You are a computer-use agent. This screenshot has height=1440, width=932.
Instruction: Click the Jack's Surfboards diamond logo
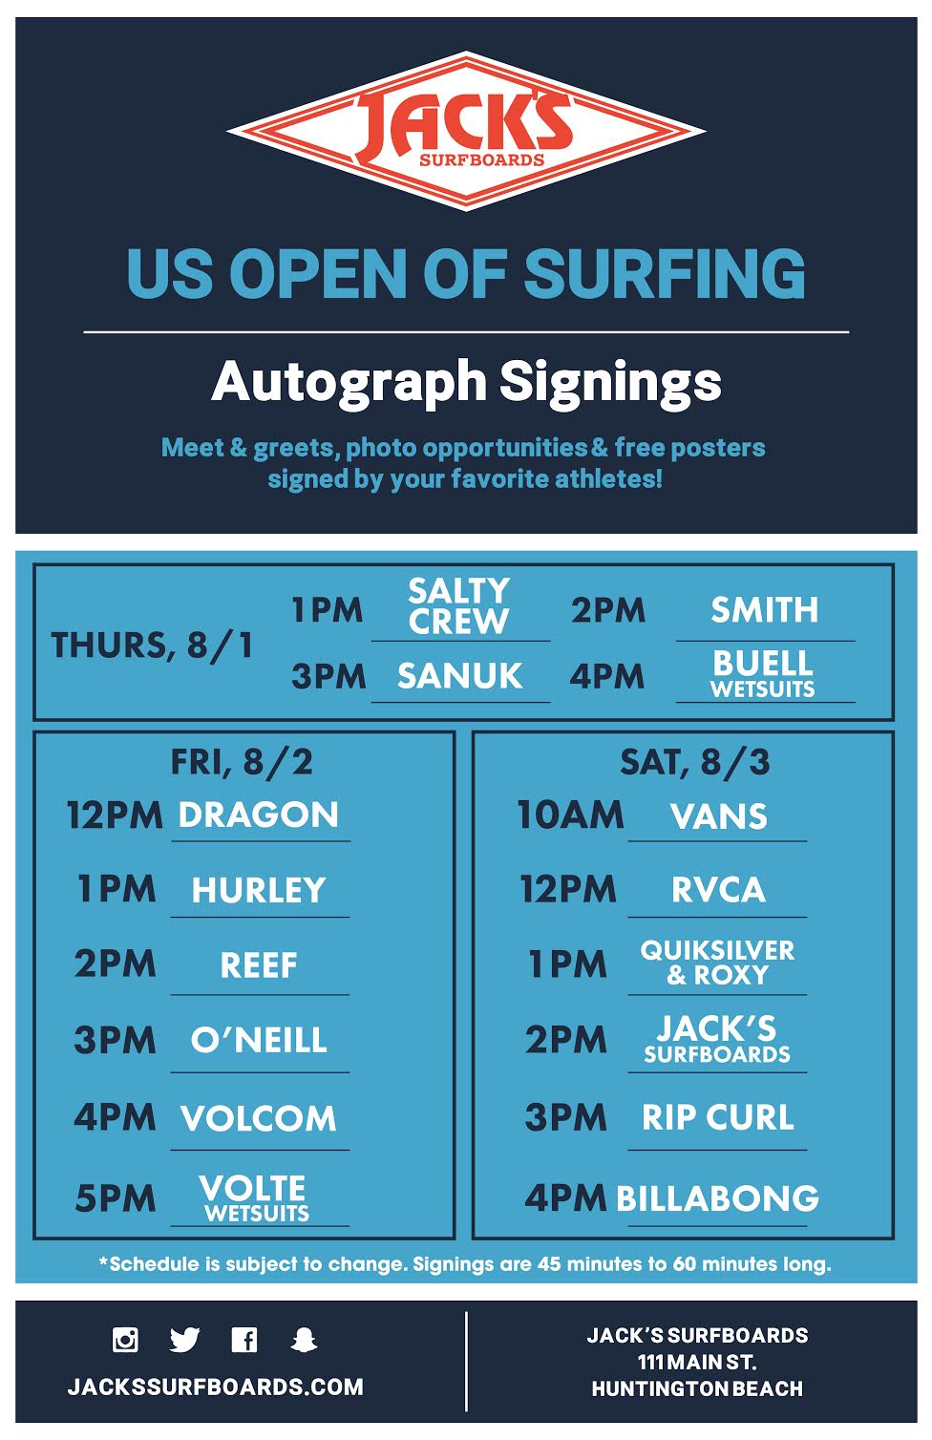(466, 131)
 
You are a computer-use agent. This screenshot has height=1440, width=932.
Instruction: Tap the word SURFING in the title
(665, 273)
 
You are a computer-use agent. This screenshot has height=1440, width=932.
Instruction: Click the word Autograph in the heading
(349, 382)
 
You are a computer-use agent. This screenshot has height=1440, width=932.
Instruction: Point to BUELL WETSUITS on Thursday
(763, 673)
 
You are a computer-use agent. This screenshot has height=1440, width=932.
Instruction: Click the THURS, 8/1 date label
(153, 646)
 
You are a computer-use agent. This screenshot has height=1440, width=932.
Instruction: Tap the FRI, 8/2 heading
(242, 762)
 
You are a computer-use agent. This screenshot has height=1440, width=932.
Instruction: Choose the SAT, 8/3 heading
(694, 762)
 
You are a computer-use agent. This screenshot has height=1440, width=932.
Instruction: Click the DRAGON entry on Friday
(259, 815)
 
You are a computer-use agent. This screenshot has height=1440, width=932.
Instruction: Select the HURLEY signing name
(259, 890)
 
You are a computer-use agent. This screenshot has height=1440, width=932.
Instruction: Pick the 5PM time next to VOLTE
(115, 1198)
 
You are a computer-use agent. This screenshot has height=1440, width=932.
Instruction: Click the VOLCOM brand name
(259, 1118)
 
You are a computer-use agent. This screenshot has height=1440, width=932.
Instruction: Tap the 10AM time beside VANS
(570, 815)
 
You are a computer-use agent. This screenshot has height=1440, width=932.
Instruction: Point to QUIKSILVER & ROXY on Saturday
(717, 962)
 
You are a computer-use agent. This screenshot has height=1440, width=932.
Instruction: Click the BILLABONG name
(717, 1198)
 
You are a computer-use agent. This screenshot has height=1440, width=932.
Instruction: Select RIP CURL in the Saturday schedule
(717, 1117)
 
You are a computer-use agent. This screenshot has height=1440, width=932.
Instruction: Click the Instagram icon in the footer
(125, 1340)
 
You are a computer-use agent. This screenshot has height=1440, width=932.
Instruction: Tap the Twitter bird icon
(184, 1340)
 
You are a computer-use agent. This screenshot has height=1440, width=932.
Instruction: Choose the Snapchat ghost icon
(304, 1340)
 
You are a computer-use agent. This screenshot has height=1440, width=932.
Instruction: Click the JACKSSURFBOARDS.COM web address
(216, 1387)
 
